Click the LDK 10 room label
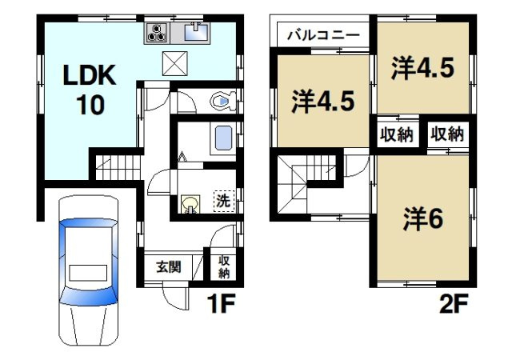[90, 90]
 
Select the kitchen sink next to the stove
[195, 33]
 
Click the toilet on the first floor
[221, 101]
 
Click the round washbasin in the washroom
[190, 205]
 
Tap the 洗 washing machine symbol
[223, 202]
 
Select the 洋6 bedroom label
[422, 218]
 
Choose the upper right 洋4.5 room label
[422, 69]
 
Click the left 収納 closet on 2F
[397, 134]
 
